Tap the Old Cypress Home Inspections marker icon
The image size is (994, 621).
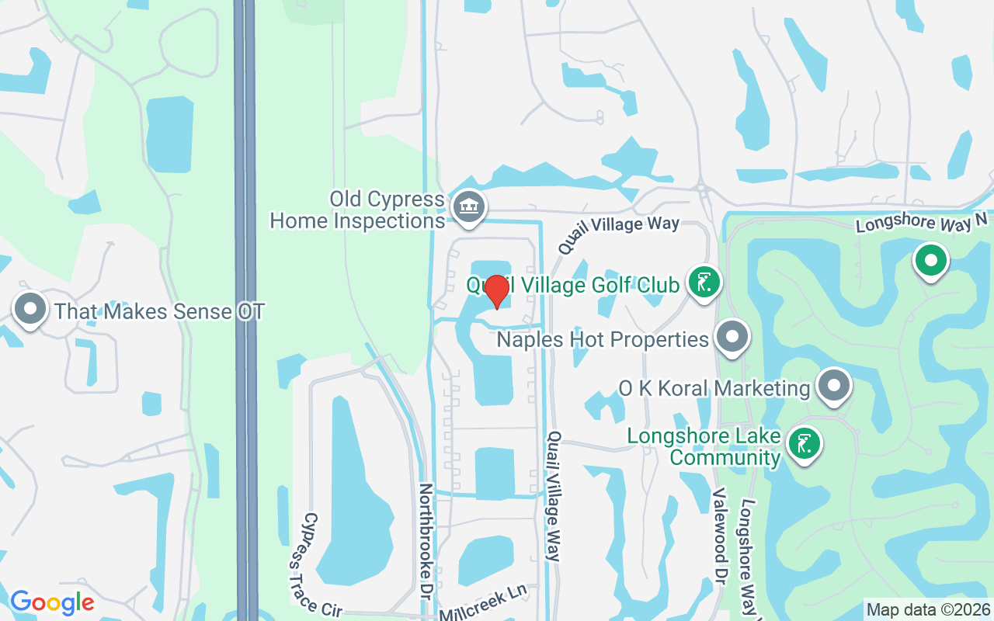point(469,207)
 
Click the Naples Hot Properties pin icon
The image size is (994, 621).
point(732,337)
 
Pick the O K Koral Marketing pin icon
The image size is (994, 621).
point(834,384)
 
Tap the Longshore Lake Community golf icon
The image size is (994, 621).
point(805,444)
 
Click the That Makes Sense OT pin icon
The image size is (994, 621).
point(30,309)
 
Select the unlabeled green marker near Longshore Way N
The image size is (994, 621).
point(930,261)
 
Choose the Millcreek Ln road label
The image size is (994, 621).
point(483,603)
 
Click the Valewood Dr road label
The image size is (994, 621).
point(719,536)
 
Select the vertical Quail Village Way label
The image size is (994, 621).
point(554,496)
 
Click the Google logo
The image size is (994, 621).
point(52,602)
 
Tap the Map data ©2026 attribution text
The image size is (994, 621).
point(928,609)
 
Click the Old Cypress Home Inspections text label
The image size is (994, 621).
point(357,210)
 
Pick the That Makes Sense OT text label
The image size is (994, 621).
point(159,312)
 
